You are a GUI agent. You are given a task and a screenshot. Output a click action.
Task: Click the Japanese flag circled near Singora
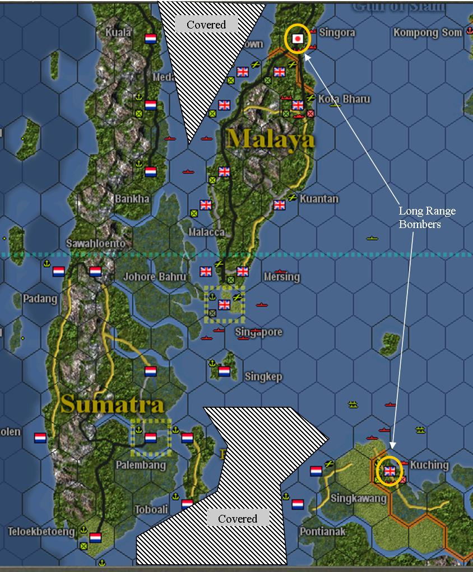tap(298, 38)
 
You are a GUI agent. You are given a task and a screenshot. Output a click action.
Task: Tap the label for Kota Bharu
tap(344, 99)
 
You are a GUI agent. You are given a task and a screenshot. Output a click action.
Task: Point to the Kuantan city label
tap(319, 199)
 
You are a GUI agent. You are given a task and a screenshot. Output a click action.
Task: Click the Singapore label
tap(258, 332)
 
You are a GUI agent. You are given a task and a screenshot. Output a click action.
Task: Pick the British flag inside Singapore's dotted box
tap(224, 305)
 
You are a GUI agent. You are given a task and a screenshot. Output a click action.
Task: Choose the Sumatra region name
tap(112, 404)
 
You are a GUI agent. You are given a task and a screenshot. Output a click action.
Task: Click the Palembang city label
tap(141, 465)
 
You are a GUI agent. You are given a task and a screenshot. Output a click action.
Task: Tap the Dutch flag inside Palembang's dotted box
tap(150, 438)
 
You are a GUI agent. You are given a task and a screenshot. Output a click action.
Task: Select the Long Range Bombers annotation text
tap(427, 217)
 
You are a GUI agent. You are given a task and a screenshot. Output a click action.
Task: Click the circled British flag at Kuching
tap(389, 471)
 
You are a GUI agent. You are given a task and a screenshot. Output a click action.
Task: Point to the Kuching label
tap(429, 465)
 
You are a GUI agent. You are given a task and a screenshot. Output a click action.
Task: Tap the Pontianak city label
tap(323, 531)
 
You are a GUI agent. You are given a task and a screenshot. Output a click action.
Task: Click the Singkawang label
tap(359, 498)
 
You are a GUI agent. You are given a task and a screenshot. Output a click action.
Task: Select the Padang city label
tap(40, 299)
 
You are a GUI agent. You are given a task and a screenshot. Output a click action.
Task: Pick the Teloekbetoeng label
tap(41, 531)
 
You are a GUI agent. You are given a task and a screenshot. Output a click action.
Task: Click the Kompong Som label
tap(428, 32)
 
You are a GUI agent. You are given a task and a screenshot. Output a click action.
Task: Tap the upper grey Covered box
tap(206, 25)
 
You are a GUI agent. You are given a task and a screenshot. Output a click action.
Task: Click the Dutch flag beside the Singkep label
tap(224, 371)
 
